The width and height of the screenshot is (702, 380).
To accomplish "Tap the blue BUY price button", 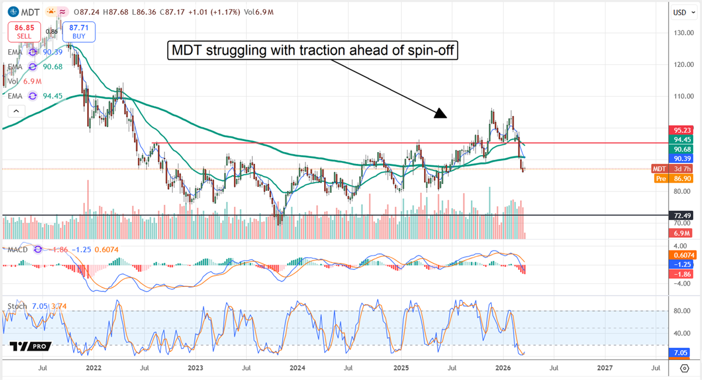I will [78, 31].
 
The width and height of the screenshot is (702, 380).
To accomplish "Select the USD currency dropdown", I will [679, 12].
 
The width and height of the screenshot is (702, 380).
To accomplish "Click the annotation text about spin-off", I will [312, 51].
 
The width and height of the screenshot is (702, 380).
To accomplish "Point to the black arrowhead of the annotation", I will [440, 114].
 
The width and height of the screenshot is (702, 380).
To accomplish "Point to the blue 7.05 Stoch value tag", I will [681, 354].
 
